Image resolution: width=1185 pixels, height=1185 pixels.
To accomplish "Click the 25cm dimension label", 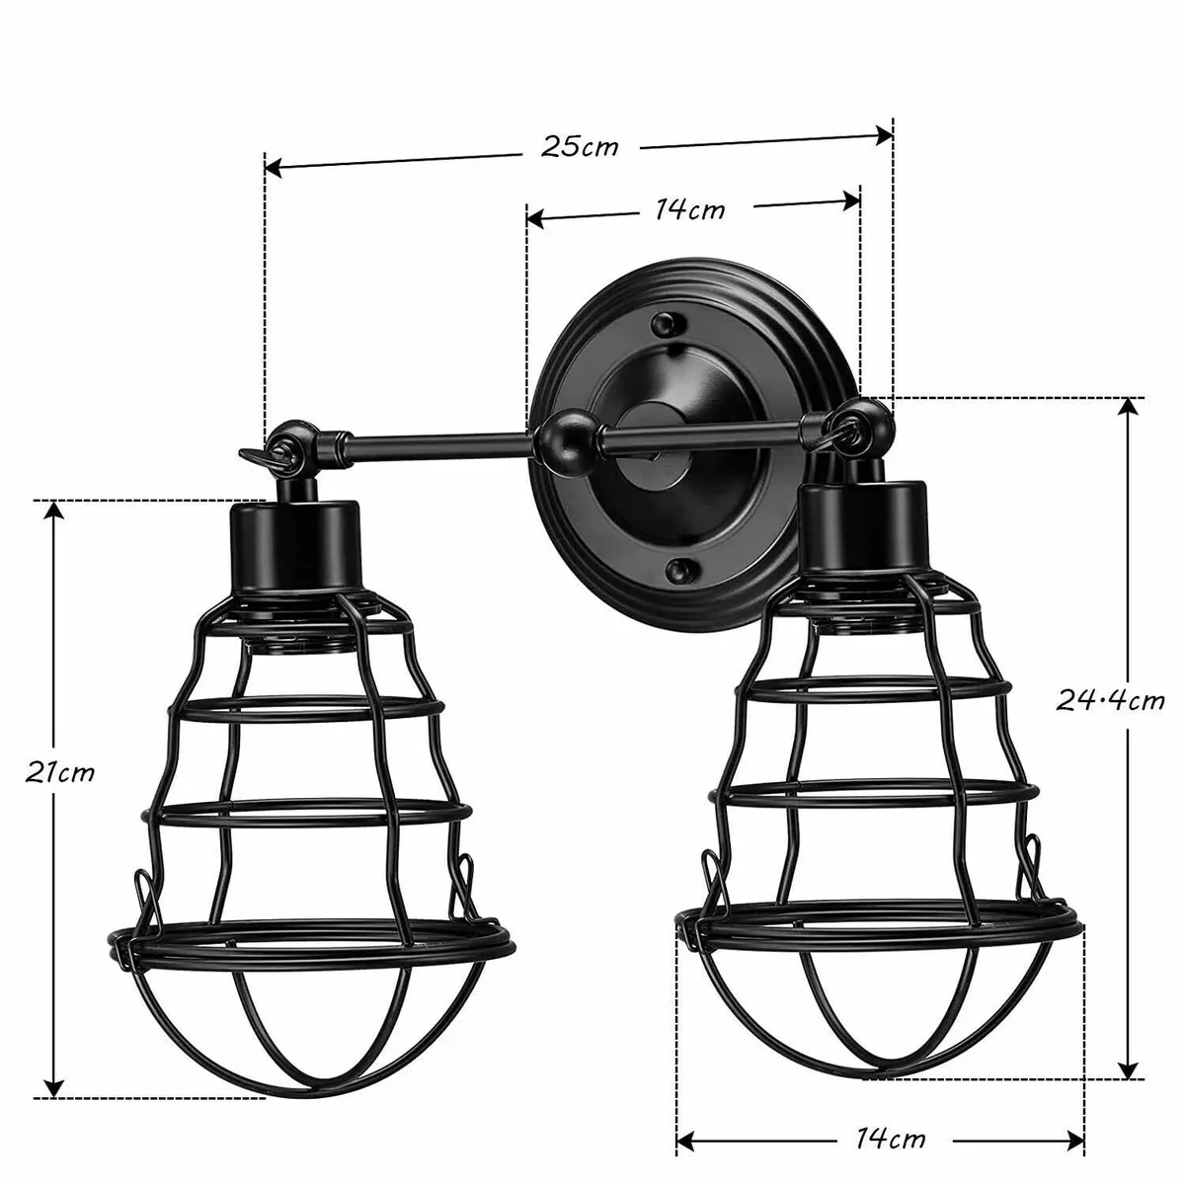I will click(x=580, y=146).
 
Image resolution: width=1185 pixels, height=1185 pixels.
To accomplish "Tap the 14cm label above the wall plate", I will click(x=690, y=209).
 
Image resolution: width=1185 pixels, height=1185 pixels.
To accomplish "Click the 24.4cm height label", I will click(x=1110, y=701).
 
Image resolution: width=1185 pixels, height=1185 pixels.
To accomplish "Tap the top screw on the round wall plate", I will click(x=664, y=322).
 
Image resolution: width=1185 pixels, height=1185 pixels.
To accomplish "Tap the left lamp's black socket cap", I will click(x=294, y=544).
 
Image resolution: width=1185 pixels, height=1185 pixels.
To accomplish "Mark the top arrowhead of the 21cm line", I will click(x=55, y=510).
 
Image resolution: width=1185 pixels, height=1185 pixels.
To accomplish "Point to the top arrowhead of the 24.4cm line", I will click(x=1126, y=408).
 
